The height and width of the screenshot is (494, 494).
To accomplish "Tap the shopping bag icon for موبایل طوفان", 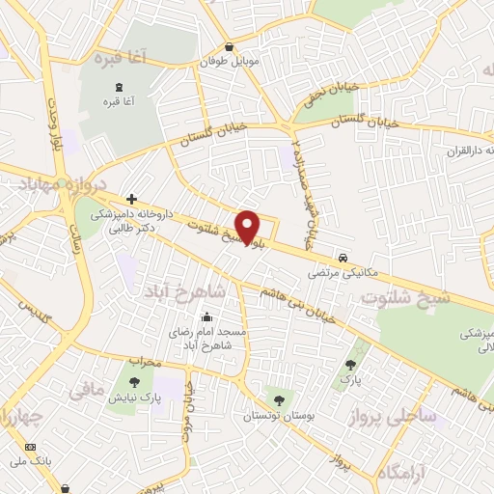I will (229, 46).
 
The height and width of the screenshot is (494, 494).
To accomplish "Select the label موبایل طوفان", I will (230, 61).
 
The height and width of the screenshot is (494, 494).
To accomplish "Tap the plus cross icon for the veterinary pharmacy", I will (132, 198).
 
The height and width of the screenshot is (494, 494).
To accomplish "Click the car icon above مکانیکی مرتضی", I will (343, 258).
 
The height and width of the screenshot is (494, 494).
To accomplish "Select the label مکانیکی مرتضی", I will (332, 273).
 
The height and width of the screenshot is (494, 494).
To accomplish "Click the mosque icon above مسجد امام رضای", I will (206, 316).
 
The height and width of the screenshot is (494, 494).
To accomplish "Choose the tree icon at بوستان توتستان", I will (279, 399).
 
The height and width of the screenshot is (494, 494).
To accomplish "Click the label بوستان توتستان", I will (280, 415).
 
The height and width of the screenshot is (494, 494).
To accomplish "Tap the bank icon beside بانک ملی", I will (29, 448).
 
